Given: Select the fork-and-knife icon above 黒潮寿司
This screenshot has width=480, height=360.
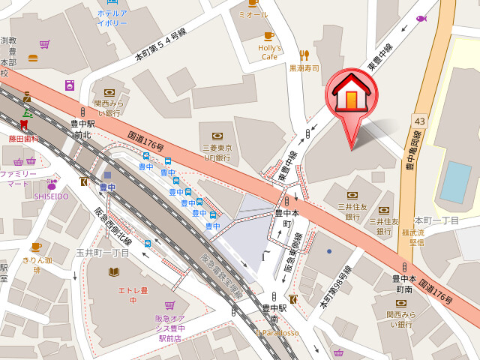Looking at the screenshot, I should [x=304, y=55].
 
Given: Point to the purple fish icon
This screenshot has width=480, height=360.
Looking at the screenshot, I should [x=421, y=19].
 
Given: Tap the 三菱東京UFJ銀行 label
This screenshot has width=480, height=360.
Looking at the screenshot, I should [x=217, y=153].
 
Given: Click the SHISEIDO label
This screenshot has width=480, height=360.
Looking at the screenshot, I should [x=51, y=196].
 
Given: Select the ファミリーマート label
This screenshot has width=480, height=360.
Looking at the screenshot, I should [x=19, y=178].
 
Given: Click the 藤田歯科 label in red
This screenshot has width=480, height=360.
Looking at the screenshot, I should [x=23, y=139].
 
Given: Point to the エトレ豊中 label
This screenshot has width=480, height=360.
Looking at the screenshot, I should [x=132, y=295].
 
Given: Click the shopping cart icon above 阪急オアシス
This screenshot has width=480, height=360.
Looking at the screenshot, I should [x=169, y=305].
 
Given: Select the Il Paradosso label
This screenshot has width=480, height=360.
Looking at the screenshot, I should [x=276, y=333].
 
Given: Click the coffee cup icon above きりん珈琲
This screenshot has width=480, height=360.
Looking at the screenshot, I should [x=36, y=247].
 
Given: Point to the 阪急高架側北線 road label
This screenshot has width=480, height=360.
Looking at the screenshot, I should [x=222, y=273].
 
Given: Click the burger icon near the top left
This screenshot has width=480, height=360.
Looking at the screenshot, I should [x=33, y=58].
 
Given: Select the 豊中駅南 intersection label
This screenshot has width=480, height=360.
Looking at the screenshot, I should [x=274, y=313].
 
